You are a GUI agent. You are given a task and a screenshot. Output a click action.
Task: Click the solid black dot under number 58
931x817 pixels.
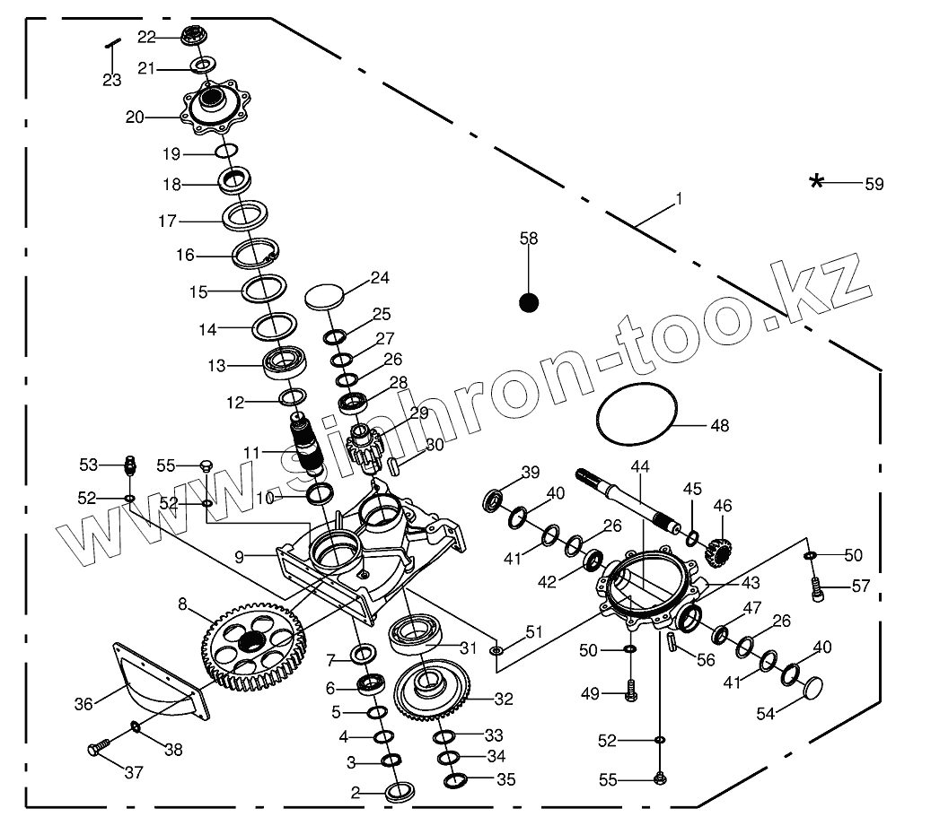point(529,303)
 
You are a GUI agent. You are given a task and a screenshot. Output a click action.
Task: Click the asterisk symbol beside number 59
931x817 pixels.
point(816,182)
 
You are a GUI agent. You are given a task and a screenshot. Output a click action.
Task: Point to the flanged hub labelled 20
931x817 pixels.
point(215,106)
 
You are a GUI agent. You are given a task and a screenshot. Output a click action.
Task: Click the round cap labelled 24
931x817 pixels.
point(325,295)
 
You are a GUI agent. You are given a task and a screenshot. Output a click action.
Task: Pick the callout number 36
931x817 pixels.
point(83,704)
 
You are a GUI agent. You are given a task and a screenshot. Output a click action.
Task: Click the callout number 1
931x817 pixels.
point(679,198)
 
